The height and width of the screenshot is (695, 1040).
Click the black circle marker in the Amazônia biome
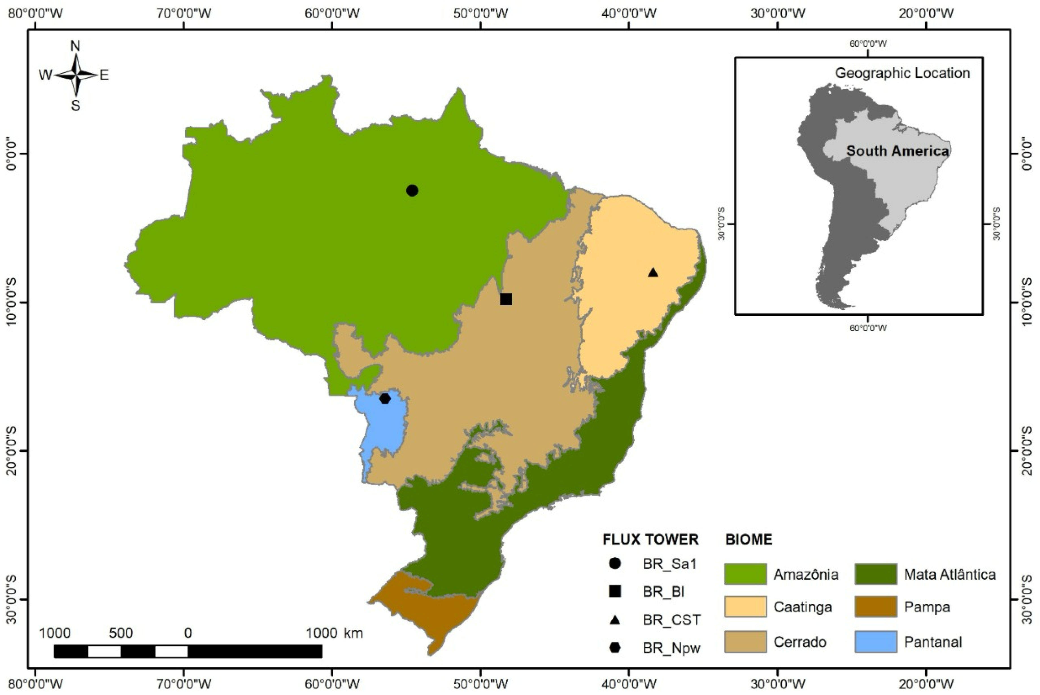[412, 190]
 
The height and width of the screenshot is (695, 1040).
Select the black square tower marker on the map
[506, 299]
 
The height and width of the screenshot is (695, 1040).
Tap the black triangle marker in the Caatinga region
[653, 272]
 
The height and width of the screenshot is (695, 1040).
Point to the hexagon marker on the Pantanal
[385, 399]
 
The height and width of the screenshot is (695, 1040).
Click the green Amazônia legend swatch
[745, 574]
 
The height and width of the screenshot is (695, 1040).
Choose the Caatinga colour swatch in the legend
[745, 607]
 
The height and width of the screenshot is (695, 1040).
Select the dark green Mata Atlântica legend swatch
[876, 574]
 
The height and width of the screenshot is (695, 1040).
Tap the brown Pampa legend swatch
[876, 607]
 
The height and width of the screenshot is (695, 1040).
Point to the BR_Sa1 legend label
[670, 564]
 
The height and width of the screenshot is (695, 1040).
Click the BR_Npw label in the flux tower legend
[671, 648]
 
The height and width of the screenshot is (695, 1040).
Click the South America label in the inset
[897, 151]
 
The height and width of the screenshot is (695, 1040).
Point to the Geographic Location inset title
[902, 73]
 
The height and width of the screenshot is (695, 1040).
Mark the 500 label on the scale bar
[121, 633]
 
